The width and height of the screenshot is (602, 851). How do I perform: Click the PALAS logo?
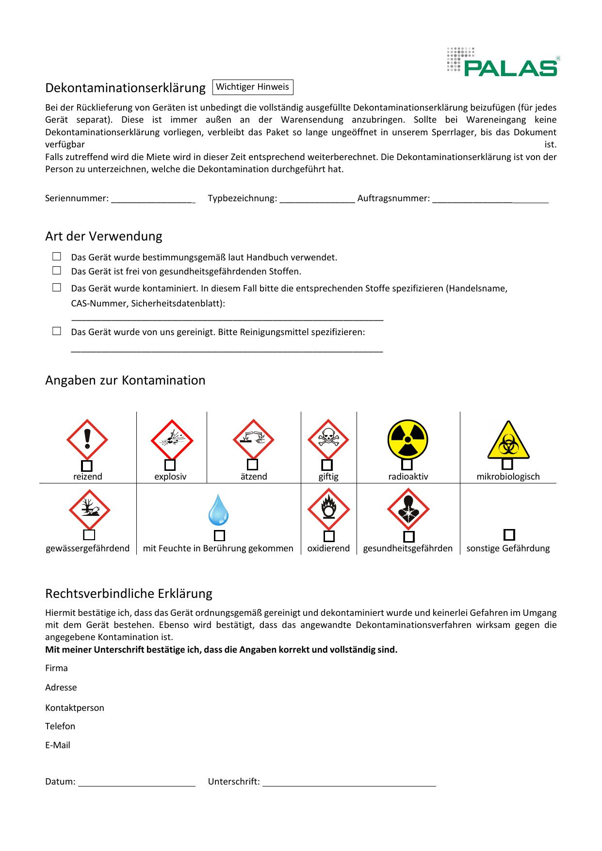pyautogui.click(x=503, y=62)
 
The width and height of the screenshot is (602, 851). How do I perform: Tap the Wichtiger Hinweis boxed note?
pyautogui.click(x=252, y=87)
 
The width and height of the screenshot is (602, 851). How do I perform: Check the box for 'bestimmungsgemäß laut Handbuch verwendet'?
pyautogui.click(x=57, y=257)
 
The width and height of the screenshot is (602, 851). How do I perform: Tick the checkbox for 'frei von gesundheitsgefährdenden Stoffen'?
pyautogui.click(x=57, y=271)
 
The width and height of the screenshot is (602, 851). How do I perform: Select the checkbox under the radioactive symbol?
pyautogui.click(x=407, y=465)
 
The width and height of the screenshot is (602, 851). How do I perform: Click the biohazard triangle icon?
pyautogui.click(x=508, y=441)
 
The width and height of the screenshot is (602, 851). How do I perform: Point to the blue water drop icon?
pyautogui.click(x=218, y=510)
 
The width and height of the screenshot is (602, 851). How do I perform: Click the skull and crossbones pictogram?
pyautogui.click(x=328, y=439)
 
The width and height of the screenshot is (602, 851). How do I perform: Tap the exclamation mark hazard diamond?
pyautogui.click(x=87, y=439)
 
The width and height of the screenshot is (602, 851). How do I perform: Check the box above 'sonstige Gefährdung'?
pyautogui.click(x=509, y=534)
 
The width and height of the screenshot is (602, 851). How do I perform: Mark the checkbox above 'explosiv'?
pyautogui.click(x=170, y=465)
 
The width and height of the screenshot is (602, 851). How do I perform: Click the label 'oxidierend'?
pyautogui.click(x=328, y=548)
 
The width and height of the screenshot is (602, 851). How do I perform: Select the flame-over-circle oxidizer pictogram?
pyautogui.click(x=328, y=509)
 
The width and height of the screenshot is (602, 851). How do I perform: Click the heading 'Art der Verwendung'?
pyautogui.click(x=103, y=236)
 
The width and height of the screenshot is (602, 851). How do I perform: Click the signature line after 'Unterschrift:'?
pyautogui.click(x=349, y=782)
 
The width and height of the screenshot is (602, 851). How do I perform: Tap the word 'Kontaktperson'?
pyautogui.click(x=75, y=707)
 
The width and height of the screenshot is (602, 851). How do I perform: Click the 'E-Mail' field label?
pyautogui.click(x=58, y=745)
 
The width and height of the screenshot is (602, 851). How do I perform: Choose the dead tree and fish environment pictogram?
pyautogui.click(x=89, y=510)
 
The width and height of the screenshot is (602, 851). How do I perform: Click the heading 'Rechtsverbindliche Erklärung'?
pyautogui.click(x=129, y=594)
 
